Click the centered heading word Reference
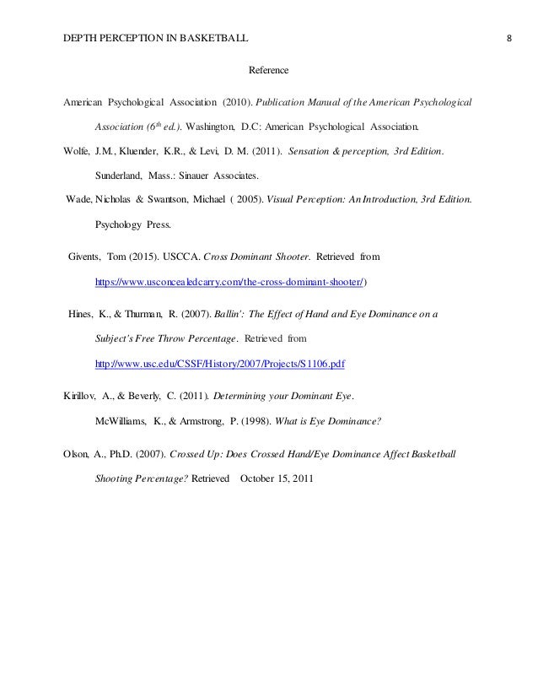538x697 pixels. pyautogui.click(x=271, y=69)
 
